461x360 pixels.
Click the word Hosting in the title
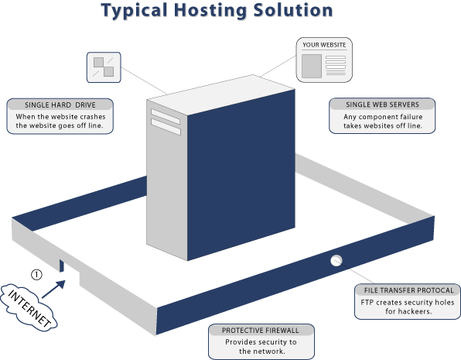(210, 11)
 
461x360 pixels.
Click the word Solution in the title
(293, 10)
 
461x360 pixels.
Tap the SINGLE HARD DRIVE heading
(60, 105)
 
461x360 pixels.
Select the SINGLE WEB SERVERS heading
(382, 105)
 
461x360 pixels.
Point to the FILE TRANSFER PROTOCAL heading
(409, 290)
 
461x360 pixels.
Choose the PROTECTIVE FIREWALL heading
(260, 331)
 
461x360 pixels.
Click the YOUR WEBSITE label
(324, 45)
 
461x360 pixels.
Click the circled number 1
(36, 275)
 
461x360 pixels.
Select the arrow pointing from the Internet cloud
(54, 289)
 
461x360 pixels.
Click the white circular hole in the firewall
(336, 260)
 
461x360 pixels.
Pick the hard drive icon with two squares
(104, 67)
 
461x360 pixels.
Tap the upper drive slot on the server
(166, 117)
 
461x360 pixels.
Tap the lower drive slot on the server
(166, 127)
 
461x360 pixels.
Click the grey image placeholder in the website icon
(312, 66)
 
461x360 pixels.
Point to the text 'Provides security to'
(261, 342)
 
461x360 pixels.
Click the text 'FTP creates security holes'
(407, 302)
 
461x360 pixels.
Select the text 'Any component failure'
(383, 117)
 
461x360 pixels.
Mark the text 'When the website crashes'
(60, 117)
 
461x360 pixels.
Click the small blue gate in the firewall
(61, 266)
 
